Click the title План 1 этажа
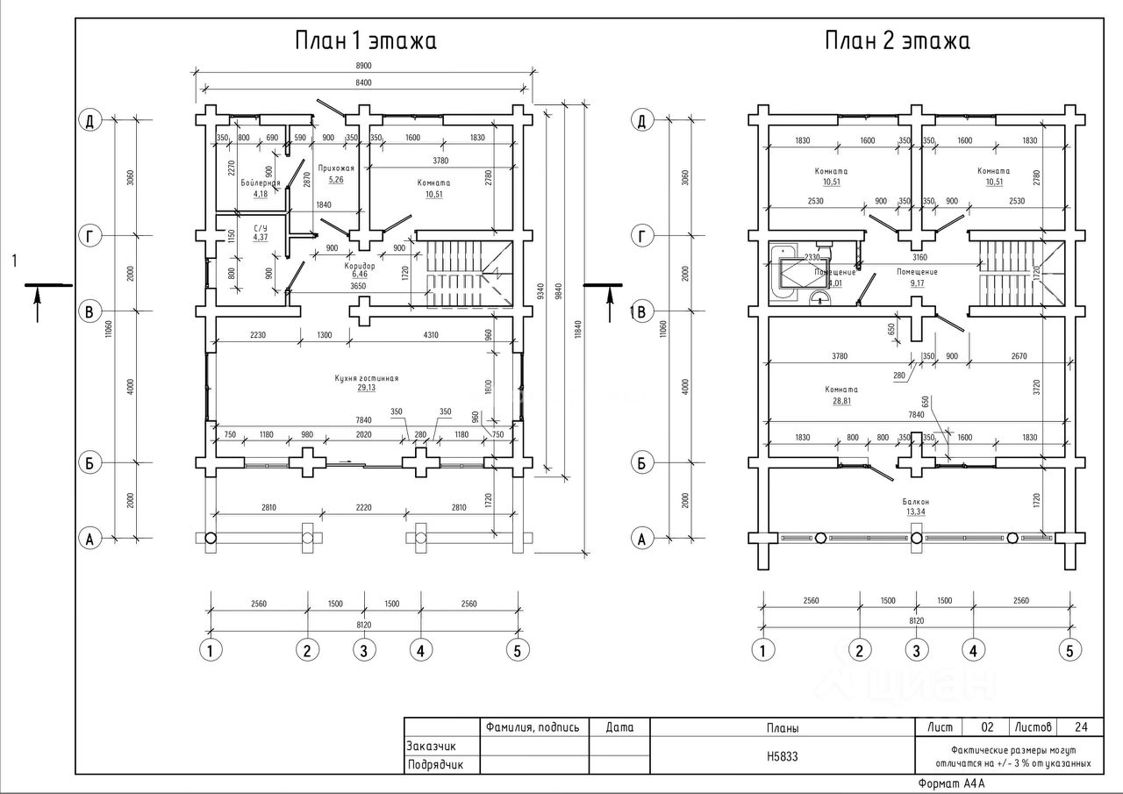364,41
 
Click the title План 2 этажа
897,41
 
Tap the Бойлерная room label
261,182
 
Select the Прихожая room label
336,168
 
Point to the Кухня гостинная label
367,378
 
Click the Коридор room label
361,265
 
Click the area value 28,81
840,399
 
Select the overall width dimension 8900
364,66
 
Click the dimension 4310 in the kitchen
430,334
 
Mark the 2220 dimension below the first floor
364,506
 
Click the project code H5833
783,755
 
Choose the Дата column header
619,726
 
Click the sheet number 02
987,726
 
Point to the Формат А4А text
951,783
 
